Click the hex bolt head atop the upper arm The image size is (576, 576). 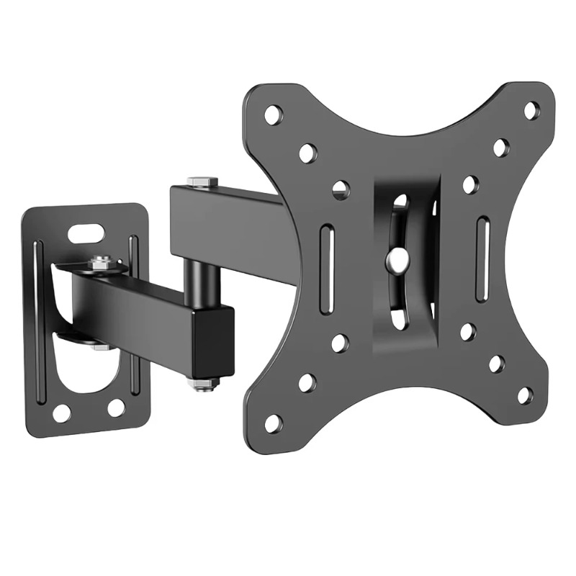click(202, 181)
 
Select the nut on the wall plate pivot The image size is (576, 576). click(102, 264)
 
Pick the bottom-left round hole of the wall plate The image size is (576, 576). click(62, 413)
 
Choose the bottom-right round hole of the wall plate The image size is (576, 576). click(116, 408)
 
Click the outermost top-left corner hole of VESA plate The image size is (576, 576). click(274, 114)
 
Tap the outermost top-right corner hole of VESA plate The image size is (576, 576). click(531, 110)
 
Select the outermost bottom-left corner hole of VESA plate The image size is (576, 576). click(274, 423)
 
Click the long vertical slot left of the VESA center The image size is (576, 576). click(327, 269)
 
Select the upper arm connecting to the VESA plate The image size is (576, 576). click(223, 223)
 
